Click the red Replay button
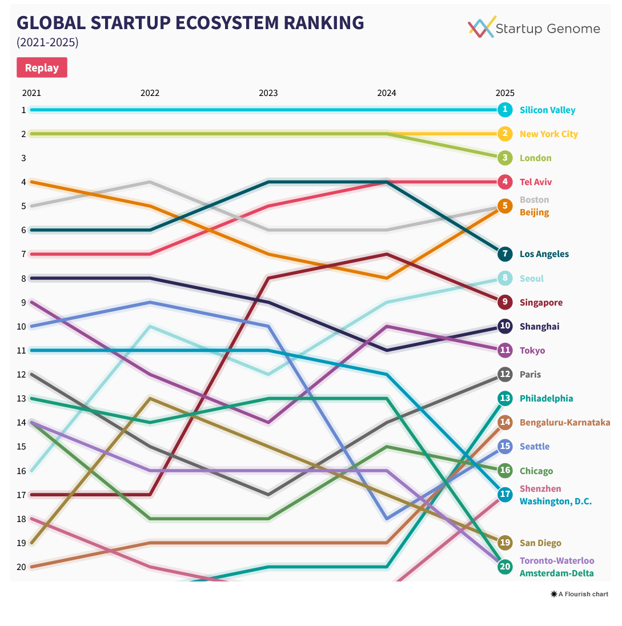pos(42,67)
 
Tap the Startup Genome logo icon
pos(481,27)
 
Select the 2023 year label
pos(268,93)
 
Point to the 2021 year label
pos(31,93)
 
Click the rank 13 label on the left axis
pos(23,398)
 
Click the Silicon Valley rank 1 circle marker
pos(504,110)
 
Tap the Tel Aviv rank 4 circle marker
pos(504,182)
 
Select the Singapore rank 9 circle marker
pos(504,302)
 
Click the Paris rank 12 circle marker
pos(504,375)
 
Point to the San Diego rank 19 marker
pos(504,543)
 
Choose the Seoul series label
pos(531,279)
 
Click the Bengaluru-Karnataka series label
pos(564,423)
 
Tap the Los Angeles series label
pos(544,254)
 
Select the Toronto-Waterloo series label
pos(556,561)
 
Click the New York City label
pos(548,134)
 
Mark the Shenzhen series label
pos(540,489)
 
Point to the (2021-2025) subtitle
pos(47,43)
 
